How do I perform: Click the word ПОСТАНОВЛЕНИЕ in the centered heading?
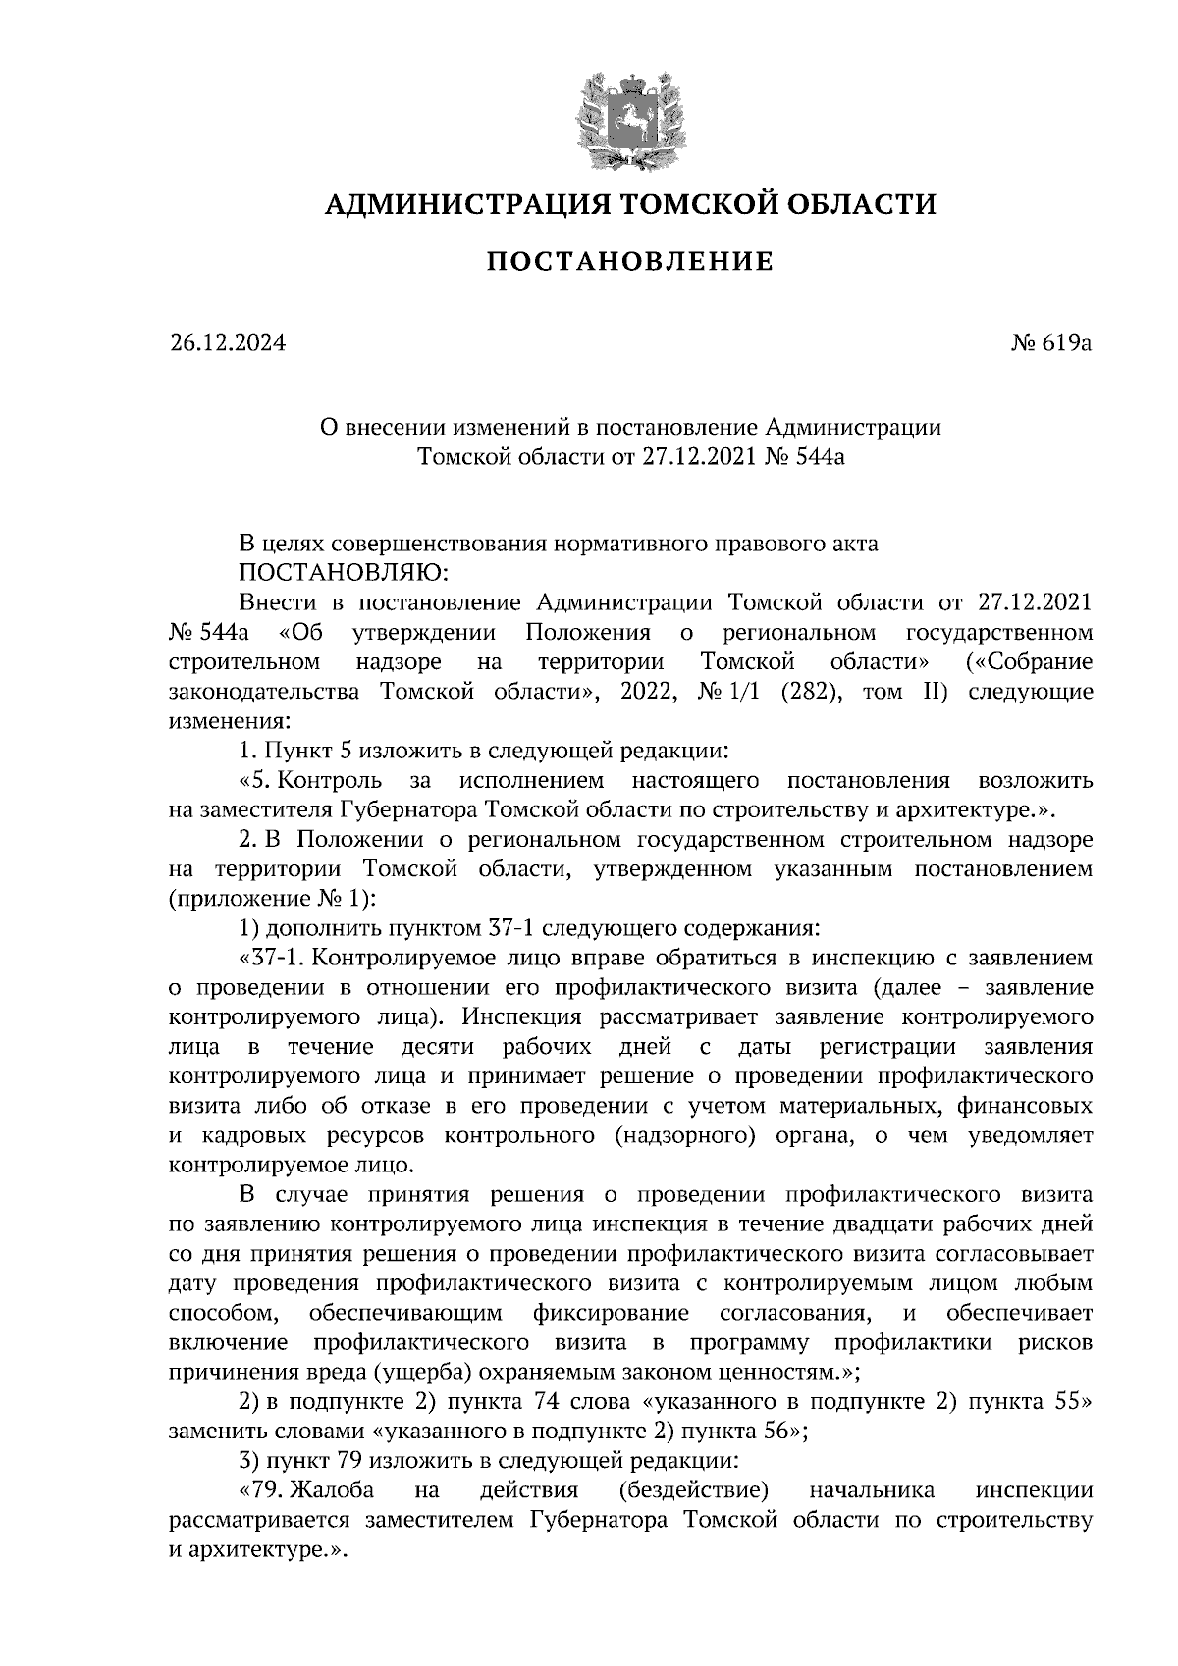[630, 262]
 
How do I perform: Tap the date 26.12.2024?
[227, 343]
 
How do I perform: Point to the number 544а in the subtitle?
[816, 456]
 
